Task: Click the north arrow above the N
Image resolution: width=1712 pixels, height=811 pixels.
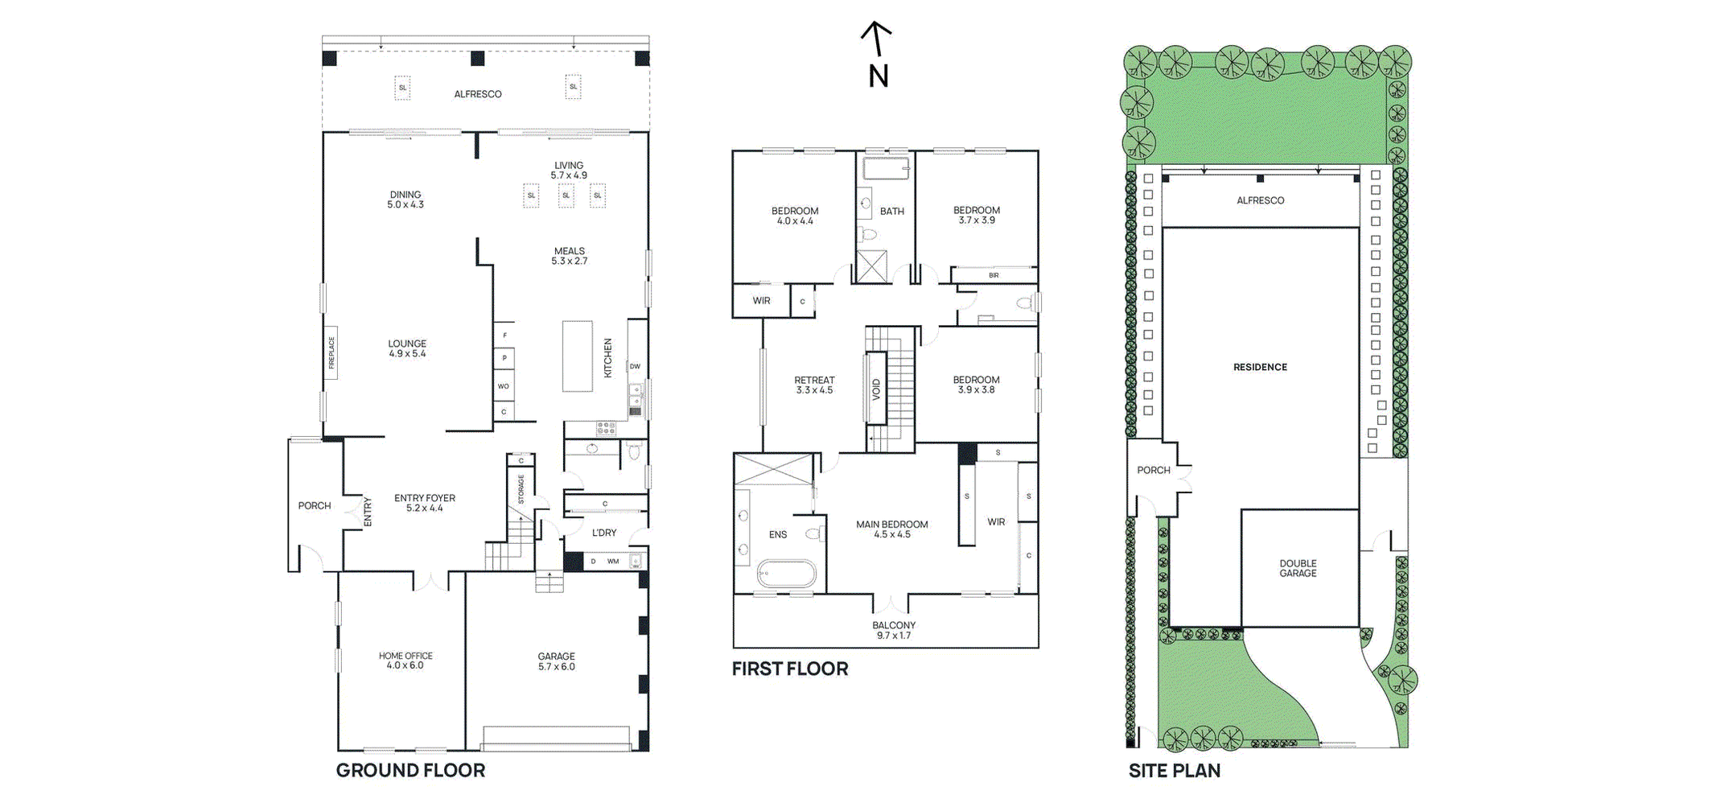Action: [x=876, y=39]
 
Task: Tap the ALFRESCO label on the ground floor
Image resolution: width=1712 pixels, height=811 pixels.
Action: [x=478, y=94]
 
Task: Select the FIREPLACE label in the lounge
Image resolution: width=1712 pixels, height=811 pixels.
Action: [x=331, y=353]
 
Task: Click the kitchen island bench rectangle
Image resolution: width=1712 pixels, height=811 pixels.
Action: [x=577, y=356]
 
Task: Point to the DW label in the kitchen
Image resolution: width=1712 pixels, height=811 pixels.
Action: [x=635, y=367]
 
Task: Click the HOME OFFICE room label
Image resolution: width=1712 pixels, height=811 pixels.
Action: [x=405, y=661]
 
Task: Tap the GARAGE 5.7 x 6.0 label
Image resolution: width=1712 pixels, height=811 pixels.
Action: [x=557, y=661]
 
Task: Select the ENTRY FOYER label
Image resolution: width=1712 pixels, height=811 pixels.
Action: [x=425, y=503]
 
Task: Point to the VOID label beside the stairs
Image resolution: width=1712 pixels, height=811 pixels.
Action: [x=876, y=389]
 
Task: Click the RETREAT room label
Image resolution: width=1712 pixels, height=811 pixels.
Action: [x=814, y=385]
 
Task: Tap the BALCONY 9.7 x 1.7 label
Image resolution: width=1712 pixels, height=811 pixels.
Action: [x=894, y=630]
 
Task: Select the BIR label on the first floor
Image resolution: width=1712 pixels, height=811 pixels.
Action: [x=994, y=275]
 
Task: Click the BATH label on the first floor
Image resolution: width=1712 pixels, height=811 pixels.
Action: [x=892, y=212]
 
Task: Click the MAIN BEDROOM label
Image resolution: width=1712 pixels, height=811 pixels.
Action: [x=892, y=529]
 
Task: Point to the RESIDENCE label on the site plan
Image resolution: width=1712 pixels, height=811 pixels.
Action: [x=1261, y=367]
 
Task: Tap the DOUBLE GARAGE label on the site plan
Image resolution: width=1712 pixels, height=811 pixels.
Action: [x=1298, y=568]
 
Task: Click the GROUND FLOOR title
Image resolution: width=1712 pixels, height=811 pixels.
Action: [x=410, y=771]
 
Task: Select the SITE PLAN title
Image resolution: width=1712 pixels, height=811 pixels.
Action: [x=1175, y=771]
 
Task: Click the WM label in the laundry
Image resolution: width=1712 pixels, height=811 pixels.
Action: [x=613, y=562]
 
